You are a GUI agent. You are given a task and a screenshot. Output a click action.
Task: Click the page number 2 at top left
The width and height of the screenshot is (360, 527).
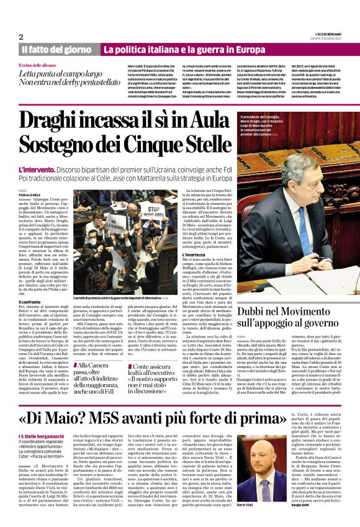(x=21, y=37)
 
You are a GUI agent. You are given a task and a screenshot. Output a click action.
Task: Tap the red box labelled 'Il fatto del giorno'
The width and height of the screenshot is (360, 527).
(x=58, y=49)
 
